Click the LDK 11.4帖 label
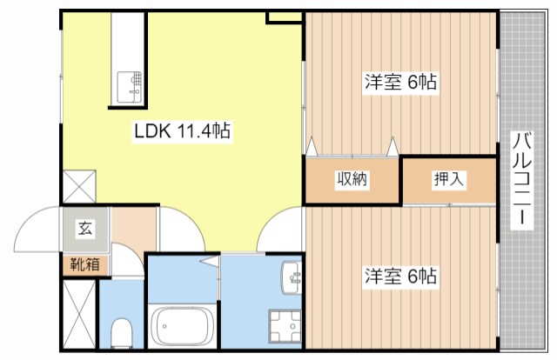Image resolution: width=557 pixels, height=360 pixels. click(181, 132)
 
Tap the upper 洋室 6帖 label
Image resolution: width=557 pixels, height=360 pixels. click(399, 83)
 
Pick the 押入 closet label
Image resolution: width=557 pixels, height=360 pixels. click(449, 180)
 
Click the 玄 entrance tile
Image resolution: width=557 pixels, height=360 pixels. click(85, 230)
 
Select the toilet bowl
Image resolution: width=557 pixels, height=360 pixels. click(123, 330)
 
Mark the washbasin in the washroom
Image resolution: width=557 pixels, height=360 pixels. click(292, 278)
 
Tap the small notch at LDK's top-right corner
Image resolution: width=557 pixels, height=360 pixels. click(285, 17)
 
